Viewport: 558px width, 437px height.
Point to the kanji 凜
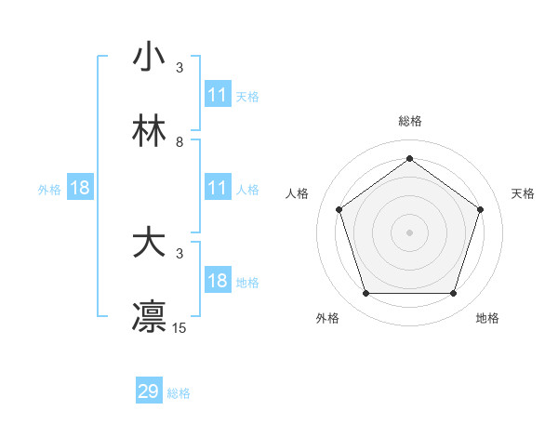149,316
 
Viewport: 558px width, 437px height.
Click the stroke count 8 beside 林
179,142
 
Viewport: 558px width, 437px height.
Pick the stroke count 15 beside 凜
179,327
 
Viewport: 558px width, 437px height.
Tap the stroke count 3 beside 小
179,68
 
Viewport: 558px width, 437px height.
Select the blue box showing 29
149,391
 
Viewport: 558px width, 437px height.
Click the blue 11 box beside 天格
218,95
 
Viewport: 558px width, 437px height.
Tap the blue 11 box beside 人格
218,188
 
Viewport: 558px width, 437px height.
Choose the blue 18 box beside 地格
218,281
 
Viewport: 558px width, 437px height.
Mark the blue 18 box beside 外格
80,188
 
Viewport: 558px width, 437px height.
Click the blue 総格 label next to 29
179,393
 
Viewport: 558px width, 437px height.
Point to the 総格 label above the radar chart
409,121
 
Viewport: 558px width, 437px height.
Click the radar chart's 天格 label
523,193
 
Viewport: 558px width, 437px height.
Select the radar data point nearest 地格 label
453,294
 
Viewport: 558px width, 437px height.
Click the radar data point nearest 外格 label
365,294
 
